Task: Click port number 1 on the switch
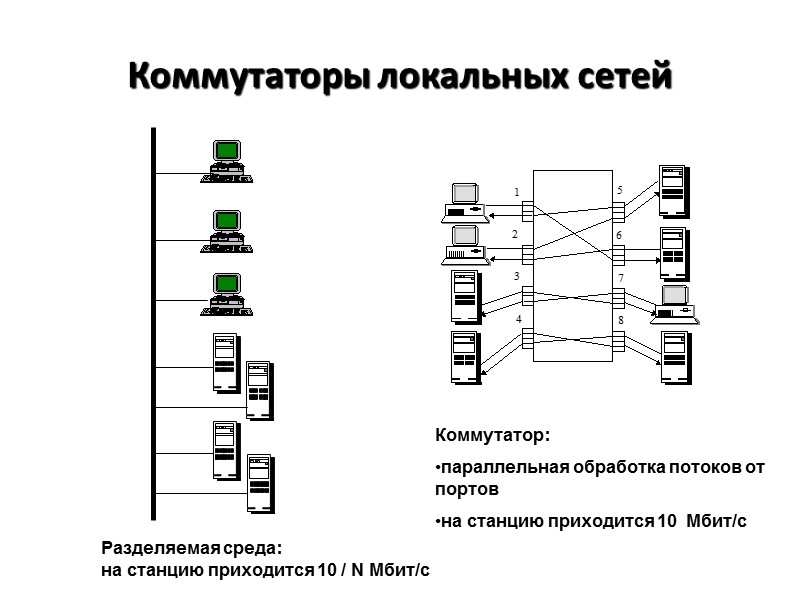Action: (517, 192)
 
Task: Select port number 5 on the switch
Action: (620, 190)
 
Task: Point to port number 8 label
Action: (620, 320)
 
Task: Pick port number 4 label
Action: (519, 319)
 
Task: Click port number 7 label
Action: (620, 277)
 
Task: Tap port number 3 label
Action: (517, 276)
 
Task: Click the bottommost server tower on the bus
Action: (260, 484)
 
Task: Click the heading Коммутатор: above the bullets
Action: (492, 436)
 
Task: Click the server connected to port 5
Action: (672, 190)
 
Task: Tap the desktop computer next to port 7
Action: (674, 305)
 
